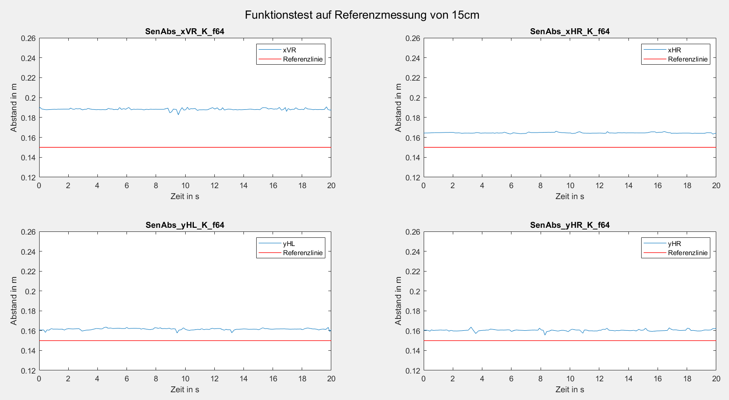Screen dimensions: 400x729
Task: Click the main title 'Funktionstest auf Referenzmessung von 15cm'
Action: (x=362, y=15)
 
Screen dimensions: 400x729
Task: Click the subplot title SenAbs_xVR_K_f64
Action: (x=185, y=31)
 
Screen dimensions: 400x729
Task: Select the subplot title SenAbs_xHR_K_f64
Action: (x=570, y=31)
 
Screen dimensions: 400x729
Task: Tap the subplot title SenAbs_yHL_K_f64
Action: (x=185, y=225)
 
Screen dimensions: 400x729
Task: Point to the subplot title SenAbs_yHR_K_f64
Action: (x=570, y=225)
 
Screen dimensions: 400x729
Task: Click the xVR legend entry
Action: (x=289, y=50)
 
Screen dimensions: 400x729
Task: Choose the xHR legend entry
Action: (x=674, y=50)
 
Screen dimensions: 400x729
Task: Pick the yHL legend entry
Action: (x=289, y=244)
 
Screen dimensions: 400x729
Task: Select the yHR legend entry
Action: (x=674, y=244)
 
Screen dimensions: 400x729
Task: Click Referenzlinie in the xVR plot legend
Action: (x=303, y=59)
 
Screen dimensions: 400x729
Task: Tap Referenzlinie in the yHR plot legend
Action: (x=688, y=253)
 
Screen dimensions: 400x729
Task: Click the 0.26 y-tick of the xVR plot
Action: (x=28, y=38)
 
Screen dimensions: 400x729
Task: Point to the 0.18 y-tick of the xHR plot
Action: (x=413, y=118)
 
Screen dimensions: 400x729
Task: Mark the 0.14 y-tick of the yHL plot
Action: (x=28, y=351)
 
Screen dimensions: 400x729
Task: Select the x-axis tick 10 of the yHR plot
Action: (x=570, y=379)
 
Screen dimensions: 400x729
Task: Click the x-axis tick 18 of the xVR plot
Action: (x=302, y=185)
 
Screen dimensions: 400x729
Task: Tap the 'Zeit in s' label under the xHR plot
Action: (x=570, y=196)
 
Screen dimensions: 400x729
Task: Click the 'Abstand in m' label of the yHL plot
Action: (x=14, y=301)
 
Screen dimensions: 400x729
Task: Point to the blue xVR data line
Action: (x=137, y=109)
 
